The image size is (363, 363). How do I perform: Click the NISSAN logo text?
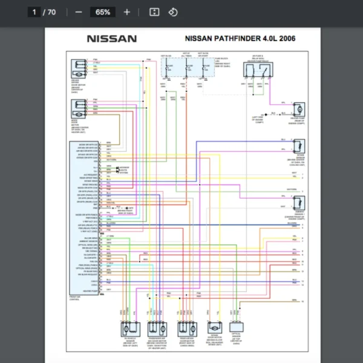(x=112, y=39)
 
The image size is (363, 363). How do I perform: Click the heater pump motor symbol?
(x=298, y=110)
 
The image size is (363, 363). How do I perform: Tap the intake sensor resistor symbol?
(x=298, y=147)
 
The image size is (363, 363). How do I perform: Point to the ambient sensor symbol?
(x=298, y=203)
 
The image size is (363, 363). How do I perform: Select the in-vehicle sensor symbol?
(x=128, y=329)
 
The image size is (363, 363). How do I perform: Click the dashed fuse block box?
(x=187, y=68)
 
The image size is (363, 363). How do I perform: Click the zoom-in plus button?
(x=126, y=12)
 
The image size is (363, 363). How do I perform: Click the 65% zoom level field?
(x=103, y=12)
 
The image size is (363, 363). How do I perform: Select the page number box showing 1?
(x=35, y=12)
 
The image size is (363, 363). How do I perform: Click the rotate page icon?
(x=173, y=12)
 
